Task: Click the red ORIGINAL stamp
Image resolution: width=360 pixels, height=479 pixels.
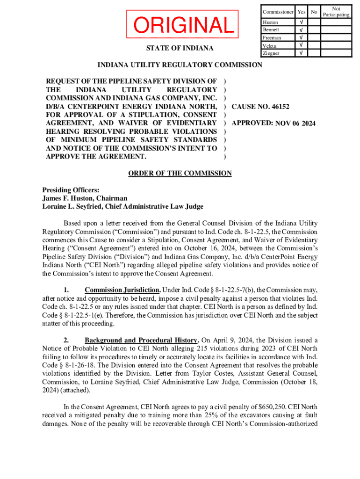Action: (183, 25)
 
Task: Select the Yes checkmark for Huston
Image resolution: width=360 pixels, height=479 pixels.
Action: (302, 22)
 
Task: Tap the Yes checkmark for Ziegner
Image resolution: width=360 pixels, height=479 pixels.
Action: (302, 53)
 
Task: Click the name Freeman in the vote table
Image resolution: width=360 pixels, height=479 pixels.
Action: (272, 37)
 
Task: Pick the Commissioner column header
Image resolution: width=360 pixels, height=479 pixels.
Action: (278, 12)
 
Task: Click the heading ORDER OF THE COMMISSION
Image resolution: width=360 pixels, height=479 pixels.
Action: (180, 174)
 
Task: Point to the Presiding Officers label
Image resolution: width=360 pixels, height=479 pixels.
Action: (71, 190)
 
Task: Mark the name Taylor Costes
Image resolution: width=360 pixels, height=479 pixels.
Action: (193, 374)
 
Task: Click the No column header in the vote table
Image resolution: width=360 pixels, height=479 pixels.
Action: (314, 12)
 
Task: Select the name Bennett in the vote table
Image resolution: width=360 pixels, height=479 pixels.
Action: (271, 30)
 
